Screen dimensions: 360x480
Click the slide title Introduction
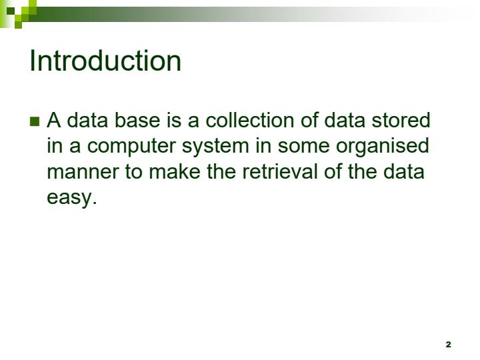pos(105,61)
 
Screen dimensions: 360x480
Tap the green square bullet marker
pos(35,121)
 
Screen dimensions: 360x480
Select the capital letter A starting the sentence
pos(54,121)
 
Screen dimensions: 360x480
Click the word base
pos(133,121)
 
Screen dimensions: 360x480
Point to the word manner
pos(81,172)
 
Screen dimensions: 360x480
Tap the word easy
pos(71,198)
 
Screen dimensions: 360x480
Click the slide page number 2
pos(448,345)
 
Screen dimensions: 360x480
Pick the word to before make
pos(133,171)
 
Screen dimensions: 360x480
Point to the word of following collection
pos(309,121)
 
